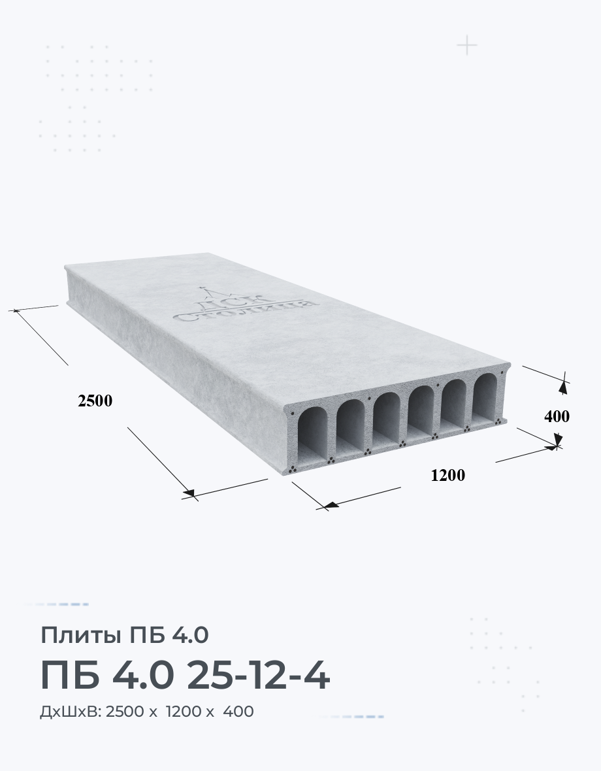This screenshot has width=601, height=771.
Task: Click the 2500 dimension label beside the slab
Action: pos(95,401)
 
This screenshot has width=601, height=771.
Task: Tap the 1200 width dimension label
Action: pos(447,475)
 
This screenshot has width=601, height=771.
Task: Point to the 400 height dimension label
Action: pos(557,416)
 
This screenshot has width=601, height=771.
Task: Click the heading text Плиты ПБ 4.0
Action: pos(125,635)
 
